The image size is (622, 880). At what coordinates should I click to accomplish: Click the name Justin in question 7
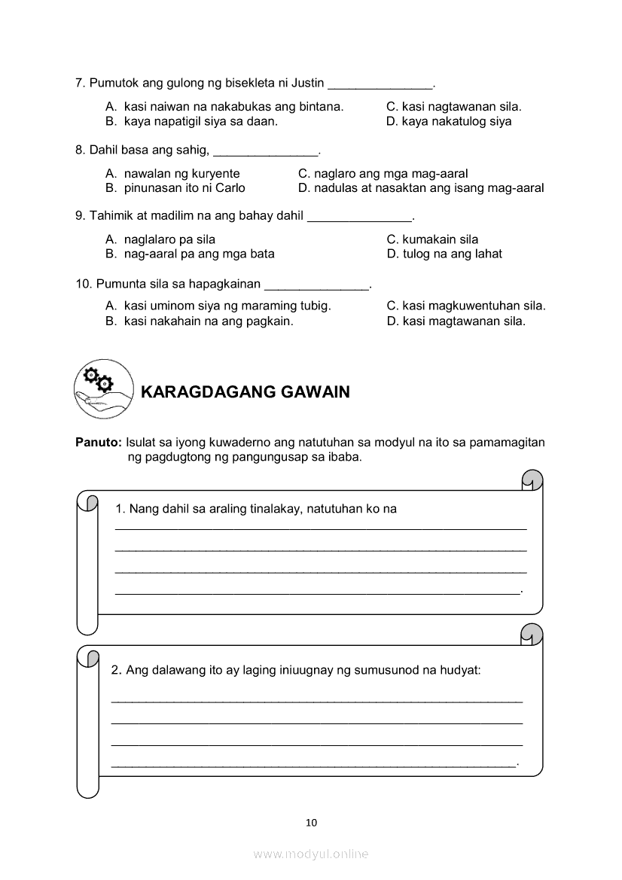pyautogui.click(x=308, y=83)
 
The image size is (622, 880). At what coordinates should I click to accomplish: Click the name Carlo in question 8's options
pyautogui.click(x=230, y=188)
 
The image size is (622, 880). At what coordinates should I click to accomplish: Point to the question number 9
pyautogui.click(x=80, y=217)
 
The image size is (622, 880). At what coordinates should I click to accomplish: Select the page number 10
pyautogui.click(x=312, y=822)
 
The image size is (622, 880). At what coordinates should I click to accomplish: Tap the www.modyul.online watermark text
pyautogui.click(x=311, y=854)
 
